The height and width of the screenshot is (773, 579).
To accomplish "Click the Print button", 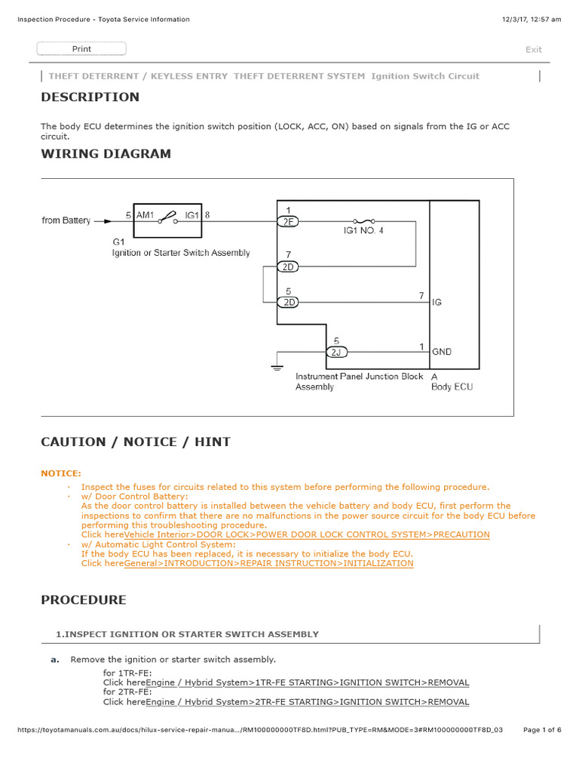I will click(x=81, y=49).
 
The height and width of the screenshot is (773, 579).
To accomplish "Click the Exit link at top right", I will click(x=533, y=50).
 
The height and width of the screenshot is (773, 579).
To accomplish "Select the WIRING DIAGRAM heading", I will click(x=106, y=154).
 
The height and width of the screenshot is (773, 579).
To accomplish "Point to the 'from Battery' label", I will click(x=66, y=220).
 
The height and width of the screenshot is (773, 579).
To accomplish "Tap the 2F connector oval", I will click(x=288, y=221).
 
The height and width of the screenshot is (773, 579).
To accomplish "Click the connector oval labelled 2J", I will click(x=336, y=352).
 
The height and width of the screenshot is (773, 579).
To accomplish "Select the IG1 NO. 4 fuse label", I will click(x=360, y=230).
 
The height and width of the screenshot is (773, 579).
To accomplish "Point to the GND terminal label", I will click(x=442, y=352).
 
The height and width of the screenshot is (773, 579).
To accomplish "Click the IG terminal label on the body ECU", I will click(x=437, y=302).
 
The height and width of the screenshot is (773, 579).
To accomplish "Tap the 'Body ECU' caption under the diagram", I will click(x=452, y=386).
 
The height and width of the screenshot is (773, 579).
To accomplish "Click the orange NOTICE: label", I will click(x=61, y=473).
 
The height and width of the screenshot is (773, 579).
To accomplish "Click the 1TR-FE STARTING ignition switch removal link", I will click(x=307, y=682).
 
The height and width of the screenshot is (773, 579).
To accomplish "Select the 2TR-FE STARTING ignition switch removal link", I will click(x=307, y=702).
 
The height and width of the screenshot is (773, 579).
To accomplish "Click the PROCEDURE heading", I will click(x=84, y=600).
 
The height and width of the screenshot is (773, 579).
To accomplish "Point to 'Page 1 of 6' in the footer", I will click(x=541, y=730).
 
